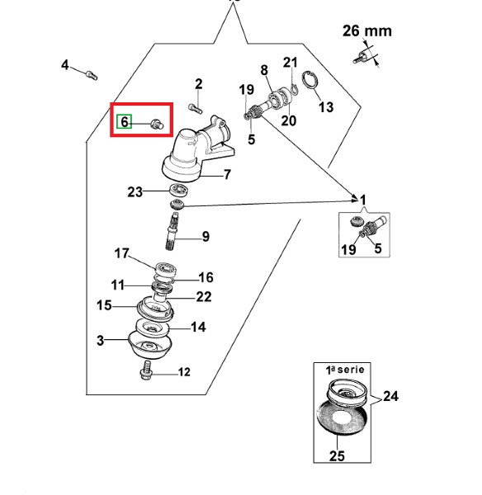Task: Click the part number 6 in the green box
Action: click(125, 122)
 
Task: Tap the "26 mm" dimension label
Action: click(367, 31)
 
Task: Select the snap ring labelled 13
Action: click(310, 81)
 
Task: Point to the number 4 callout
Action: click(64, 64)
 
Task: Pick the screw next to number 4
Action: click(92, 75)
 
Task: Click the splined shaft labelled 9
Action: click(172, 231)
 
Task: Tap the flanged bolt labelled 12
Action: click(146, 370)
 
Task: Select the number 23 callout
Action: click(135, 191)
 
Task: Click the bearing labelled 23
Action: click(179, 190)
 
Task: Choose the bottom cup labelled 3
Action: click(149, 344)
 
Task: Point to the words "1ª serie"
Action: click(345, 370)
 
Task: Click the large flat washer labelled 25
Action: click(342, 417)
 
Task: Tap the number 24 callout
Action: click(390, 396)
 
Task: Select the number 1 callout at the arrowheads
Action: click(363, 200)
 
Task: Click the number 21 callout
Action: click(290, 63)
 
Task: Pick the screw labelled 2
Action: click(196, 109)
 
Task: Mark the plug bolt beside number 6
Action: click(157, 124)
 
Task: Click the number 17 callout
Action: click(121, 253)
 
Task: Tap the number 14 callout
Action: click(198, 327)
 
